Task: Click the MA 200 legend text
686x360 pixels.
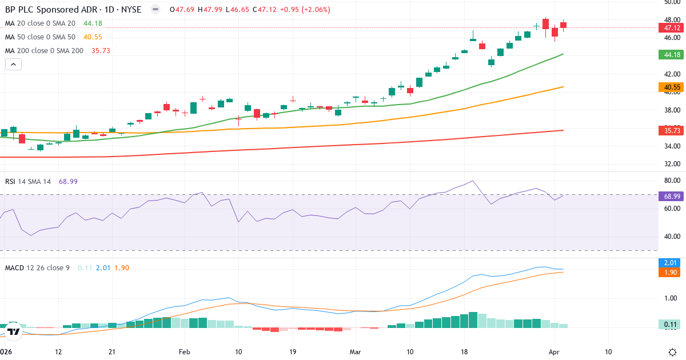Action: click(44, 51)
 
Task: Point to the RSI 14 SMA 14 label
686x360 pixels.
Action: click(27, 182)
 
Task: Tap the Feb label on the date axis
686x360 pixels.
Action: click(184, 352)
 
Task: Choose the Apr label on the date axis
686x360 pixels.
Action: click(554, 352)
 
